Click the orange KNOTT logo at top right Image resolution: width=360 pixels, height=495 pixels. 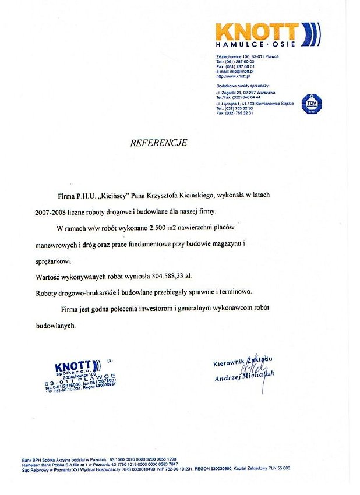(257, 31)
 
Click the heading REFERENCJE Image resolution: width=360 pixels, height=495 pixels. (158, 143)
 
